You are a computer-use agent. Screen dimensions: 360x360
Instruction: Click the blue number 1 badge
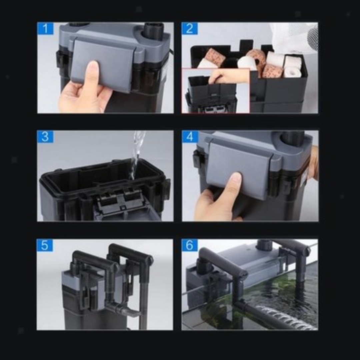[45, 28]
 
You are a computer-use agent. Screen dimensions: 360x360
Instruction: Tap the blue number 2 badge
[190, 29]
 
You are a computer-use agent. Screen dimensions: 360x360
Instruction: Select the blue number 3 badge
[45, 137]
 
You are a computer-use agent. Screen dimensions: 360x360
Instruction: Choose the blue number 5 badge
[45, 245]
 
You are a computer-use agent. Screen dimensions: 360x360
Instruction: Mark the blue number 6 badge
[190, 245]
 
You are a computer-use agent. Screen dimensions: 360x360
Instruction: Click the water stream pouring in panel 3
[137, 150]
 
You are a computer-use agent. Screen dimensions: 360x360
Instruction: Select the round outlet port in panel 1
[154, 30]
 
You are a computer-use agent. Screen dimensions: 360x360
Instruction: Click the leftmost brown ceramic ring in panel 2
[215, 57]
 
